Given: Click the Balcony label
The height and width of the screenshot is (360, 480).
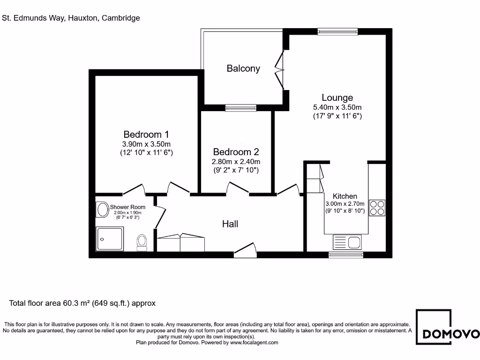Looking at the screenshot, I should [243, 68].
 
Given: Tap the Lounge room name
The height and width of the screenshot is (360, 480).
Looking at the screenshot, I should [337, 97].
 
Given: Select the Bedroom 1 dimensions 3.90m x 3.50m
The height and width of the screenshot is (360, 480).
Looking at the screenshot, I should [147, 144].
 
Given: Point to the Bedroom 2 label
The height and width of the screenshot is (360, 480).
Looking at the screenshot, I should [236, 152].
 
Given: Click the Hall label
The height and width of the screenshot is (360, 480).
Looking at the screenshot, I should [230, 224].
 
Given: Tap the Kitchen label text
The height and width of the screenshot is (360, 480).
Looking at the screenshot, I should [345, 196].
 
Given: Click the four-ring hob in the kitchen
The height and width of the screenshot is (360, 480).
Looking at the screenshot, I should [377, 207].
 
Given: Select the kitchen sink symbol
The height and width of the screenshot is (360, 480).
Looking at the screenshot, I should [347, 242].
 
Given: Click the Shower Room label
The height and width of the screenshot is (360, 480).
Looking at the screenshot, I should [127, 207].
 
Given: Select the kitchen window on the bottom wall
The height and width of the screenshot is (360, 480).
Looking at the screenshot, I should [345, 255].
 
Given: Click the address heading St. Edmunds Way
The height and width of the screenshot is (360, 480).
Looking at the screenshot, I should [71, 18].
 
